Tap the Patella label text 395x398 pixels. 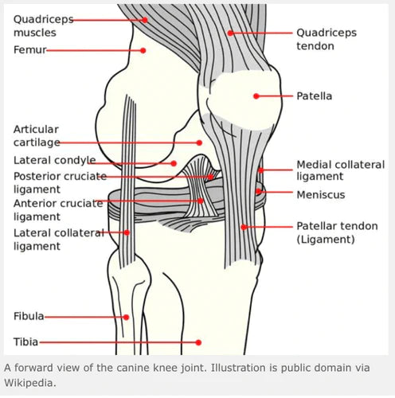tap(315, 96)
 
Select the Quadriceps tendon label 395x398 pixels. tap(327, 39)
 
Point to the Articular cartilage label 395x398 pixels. tap(37, 135)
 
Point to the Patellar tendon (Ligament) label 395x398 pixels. tap(334, 232)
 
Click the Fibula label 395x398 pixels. tap(29, 316)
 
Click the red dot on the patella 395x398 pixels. tap(256, 96)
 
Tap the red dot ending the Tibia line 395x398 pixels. tap(199, 342)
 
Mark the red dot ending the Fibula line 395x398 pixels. tap(126, 317)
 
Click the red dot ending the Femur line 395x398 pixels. tap(143, 50)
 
